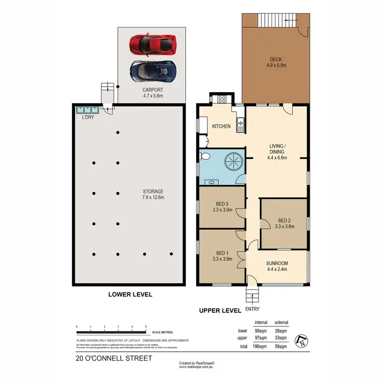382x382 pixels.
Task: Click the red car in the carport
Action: tap(153, 44)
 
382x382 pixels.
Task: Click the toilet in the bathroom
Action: tap(205, 156)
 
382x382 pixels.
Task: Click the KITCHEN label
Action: tap(222, 126)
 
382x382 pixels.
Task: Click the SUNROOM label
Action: tap(278, 264)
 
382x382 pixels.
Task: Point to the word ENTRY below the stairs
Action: tap(252, 309)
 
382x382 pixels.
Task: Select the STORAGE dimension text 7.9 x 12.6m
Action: tap(152, 197)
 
